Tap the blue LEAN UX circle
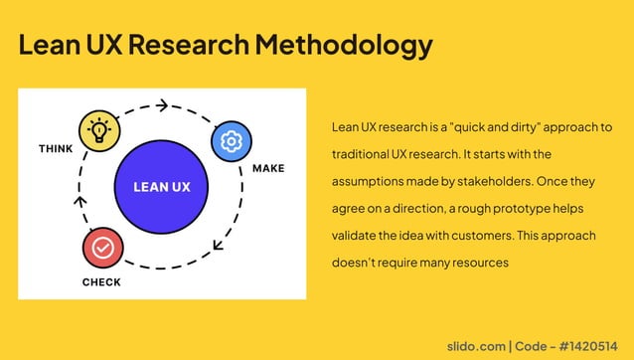(x=162, y=186)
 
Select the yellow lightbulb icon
(x=99, y=131)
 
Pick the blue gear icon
(x=232, y=141)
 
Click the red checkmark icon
(x=102, y=247)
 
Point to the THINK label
(x=56, y=149)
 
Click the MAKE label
(x=268, y=168)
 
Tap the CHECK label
(x=101, y=282)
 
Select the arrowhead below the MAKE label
(x=220, y=243)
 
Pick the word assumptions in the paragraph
(x=368, y=182)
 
